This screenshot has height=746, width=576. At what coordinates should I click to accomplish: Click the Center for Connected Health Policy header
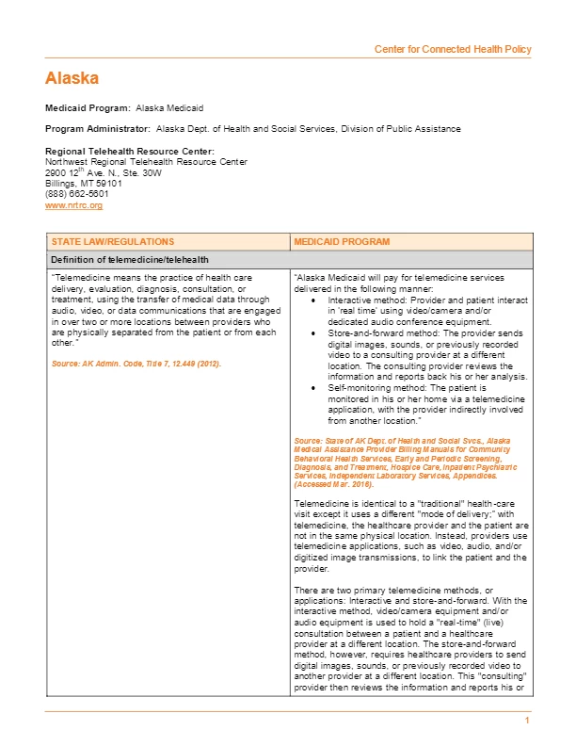click(x=453, y=49)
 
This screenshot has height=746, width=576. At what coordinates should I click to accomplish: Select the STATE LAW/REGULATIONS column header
click(x=113, y=242)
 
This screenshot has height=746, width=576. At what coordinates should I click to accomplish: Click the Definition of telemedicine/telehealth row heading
click(x=130, y=259)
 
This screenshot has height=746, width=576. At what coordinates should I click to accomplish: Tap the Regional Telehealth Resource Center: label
click(x=130, y=152)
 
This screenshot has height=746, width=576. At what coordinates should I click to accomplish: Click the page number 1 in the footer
click(x=528, y=720)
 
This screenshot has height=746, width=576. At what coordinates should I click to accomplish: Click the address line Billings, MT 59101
click(x=84, y=184)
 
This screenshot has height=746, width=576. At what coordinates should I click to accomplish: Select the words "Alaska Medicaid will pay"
click(x=348, y=278)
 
